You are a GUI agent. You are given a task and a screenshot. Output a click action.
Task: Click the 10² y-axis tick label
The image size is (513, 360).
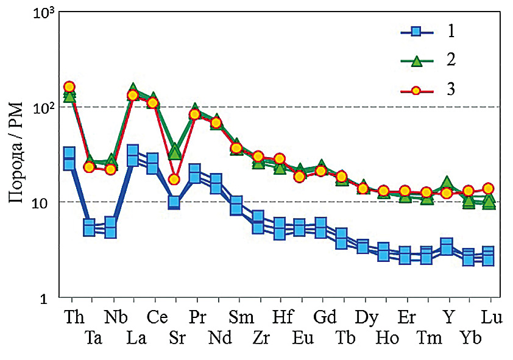click(41, 107)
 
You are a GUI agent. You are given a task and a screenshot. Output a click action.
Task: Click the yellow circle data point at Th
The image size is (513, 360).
click(69, 87)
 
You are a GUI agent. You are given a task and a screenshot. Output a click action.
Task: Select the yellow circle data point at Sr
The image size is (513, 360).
click(174, 179)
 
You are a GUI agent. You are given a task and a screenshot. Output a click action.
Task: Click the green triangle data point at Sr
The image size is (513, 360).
click(174, 151)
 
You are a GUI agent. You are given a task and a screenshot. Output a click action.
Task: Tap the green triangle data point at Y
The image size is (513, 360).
click(448, 182)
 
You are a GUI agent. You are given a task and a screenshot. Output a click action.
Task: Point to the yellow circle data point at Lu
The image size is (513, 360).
click(489, 188)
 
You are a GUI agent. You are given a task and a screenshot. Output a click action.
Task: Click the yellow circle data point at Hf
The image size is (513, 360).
click(280, 159)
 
